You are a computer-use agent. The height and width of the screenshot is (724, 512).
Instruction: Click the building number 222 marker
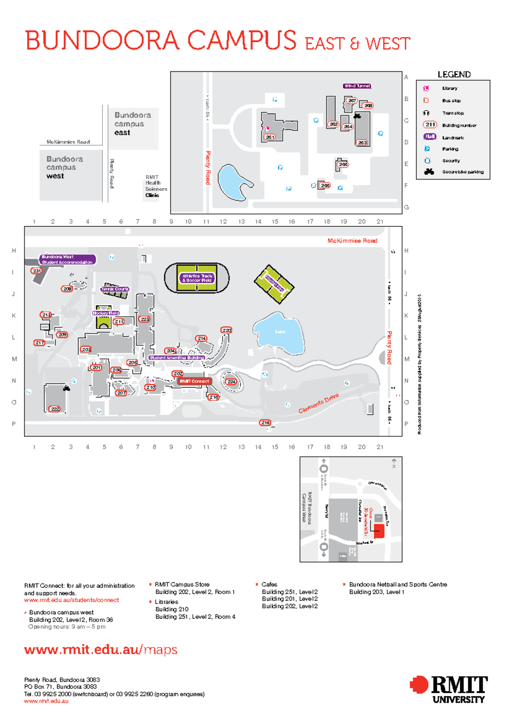click(55, 409)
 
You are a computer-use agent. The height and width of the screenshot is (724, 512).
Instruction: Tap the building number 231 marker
click(37, 271)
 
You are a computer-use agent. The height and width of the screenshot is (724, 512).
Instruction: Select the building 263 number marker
click(362, 143)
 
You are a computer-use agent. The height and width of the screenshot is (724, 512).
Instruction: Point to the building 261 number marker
click(270, 137)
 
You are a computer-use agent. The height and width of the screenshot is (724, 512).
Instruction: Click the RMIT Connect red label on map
click(194, 381)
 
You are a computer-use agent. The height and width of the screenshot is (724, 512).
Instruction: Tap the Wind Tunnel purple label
click(357, 86)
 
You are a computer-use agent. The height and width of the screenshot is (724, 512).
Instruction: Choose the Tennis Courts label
click(115, 289)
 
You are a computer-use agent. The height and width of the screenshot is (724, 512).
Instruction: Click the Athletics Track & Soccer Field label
click(197, 278)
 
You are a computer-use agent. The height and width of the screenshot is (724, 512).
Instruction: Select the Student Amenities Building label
click(177, 358)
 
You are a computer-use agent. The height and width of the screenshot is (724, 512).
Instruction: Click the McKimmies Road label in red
click(352, 241)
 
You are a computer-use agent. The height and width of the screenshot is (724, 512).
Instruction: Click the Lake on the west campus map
click(279, 333)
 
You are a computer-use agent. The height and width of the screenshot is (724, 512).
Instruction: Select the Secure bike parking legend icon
click(429, 172)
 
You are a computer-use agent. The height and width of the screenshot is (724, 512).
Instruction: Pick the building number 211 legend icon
click(430, 125)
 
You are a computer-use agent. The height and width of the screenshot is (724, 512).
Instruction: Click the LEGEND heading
click(454, 75)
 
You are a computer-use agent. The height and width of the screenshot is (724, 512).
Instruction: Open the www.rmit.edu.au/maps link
click(101, 650)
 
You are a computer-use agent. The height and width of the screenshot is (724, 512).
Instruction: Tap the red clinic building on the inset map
click(379, 531)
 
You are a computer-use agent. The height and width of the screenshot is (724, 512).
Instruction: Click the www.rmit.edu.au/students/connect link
click(72, 600)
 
